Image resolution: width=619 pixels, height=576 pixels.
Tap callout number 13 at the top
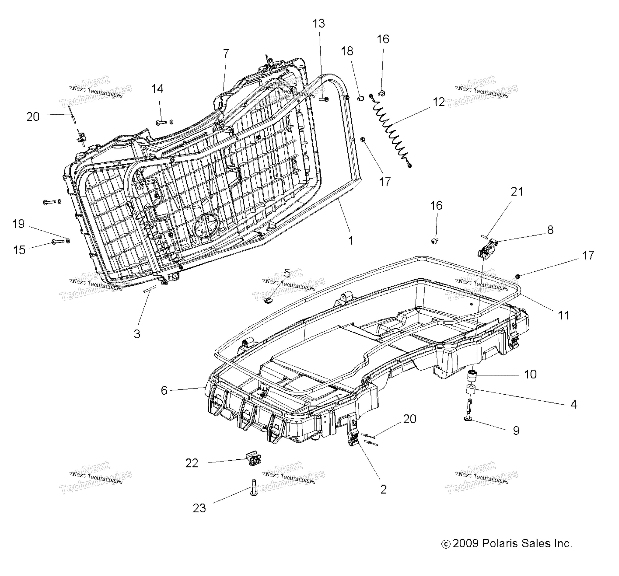point(319,23)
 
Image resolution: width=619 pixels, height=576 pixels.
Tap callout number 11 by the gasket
point(563,315)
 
